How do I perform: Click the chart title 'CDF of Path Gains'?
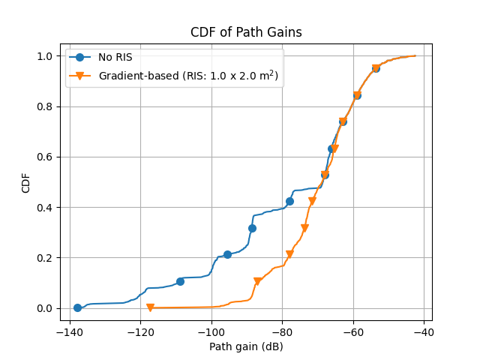point(246,32)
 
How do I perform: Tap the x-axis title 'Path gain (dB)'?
point(246,347)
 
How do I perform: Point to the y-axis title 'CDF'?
point(26,181)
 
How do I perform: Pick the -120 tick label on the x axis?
point(140,331)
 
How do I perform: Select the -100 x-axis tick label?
point(211,331)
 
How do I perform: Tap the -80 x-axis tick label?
point(282,331)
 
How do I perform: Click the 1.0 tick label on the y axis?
point(44,56)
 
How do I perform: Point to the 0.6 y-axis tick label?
point(44,157)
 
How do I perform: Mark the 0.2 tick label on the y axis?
point(44,258)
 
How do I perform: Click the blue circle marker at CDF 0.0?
point(77,307)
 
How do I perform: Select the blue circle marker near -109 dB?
point(180,281)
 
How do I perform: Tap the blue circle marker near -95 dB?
point(227,254)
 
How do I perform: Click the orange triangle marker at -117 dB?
point(150,307)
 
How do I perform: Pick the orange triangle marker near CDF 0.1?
point(257,282)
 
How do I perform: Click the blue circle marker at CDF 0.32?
point(252,228)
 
